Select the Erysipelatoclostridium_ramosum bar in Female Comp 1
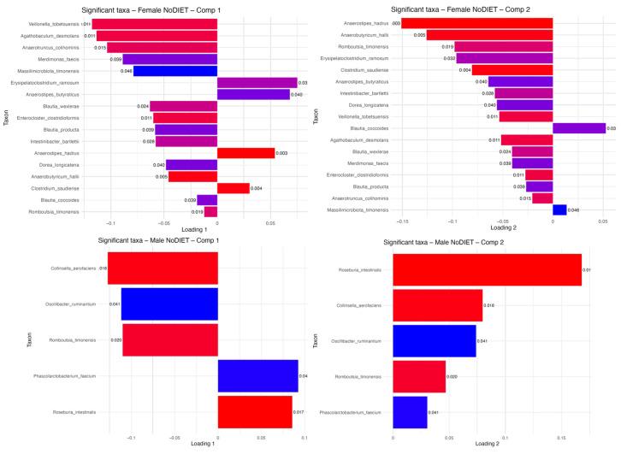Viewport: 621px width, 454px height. pyautogui.click(x=257, y=83)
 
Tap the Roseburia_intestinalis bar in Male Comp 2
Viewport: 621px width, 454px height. pyautogui.click(x=487, y=269)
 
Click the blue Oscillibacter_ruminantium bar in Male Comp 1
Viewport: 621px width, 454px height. pyautogui.click(x=169, y=304)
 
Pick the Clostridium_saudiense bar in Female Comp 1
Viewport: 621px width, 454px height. pyautogui.click(x=234, y=188)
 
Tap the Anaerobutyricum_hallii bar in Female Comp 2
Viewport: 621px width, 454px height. pyautogui.click(x=489, y=35)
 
